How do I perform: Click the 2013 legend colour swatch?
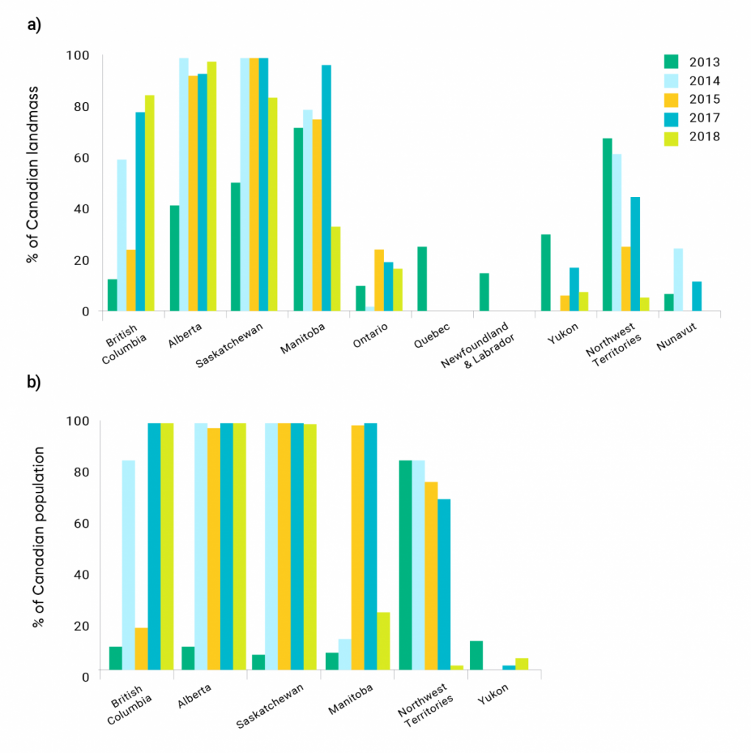[x=670, y=62]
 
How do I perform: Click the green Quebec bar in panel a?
[x=421, y=279]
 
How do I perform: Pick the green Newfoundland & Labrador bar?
[x=484, y=292]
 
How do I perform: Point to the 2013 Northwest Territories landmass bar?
[x=607, y=224]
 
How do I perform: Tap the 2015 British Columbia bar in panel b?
[x=140, y=649]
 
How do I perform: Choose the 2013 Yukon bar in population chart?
[x=476, y=655]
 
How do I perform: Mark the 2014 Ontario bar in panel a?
[x=370, y=309]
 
